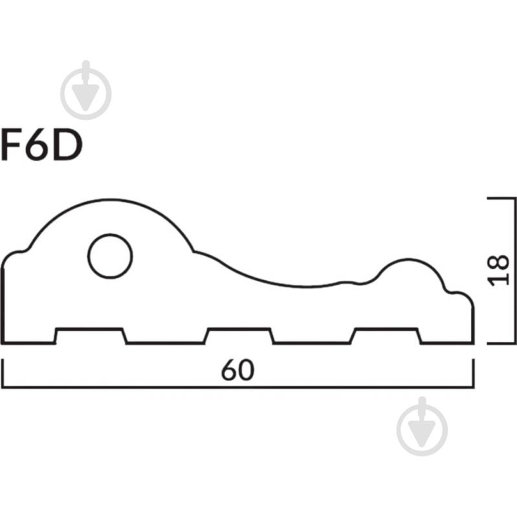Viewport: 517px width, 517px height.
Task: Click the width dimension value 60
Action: pos(237,370)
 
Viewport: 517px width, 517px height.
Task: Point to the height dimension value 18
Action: pos(498,270)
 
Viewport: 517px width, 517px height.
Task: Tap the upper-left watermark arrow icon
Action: pos(85,90)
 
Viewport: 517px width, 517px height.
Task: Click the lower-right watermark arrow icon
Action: pos(422,426)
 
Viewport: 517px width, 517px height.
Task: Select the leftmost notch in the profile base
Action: pos(90,336)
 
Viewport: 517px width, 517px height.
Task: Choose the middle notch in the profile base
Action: pos(239,336)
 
